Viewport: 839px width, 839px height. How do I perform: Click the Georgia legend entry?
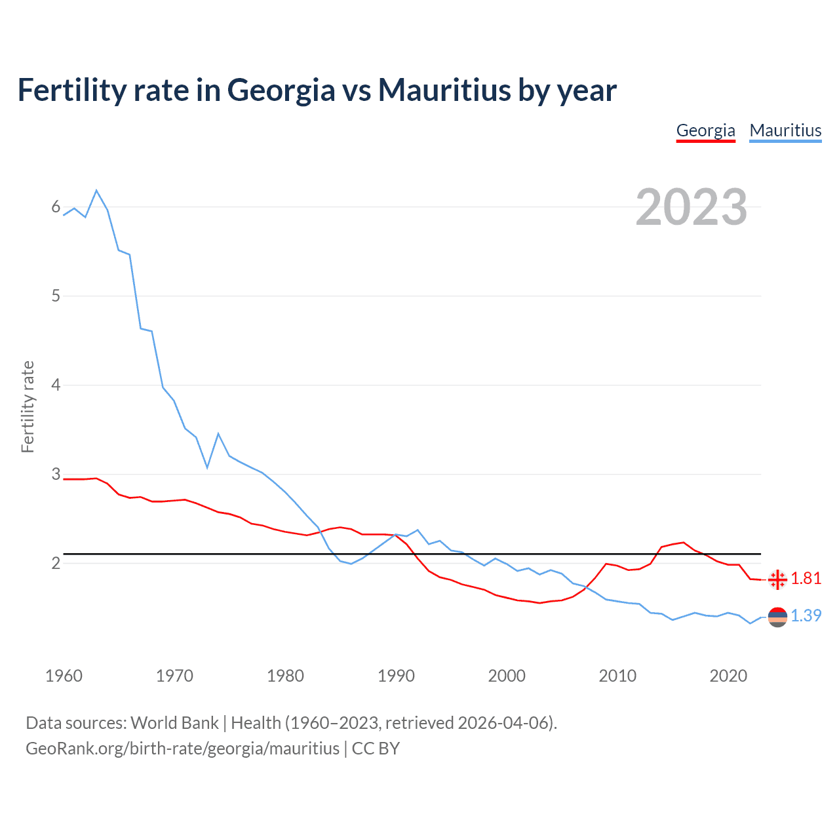[705, 130]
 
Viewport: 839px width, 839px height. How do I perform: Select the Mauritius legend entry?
[785, 130]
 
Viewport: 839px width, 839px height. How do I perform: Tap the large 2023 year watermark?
[692, 207]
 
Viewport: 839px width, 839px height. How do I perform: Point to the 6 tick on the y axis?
[56, 207]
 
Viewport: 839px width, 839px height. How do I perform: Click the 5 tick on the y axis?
[56, 296]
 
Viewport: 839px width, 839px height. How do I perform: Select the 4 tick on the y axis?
[56, 385]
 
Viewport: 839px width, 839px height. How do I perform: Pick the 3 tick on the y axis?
[56, 474]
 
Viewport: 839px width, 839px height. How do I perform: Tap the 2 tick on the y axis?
[56, 563]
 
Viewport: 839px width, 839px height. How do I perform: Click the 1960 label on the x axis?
[64, 676]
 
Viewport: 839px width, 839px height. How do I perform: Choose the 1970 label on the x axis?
[174, 676]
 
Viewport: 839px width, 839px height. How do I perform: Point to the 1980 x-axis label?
[285, 676]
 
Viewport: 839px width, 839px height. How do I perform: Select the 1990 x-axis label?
[396, 676]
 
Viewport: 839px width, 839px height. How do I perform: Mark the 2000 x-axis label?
[507, 676]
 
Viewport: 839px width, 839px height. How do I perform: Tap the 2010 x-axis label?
[617, 676]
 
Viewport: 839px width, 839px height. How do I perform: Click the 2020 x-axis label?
[728, 676]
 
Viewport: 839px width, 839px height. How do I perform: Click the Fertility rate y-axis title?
[28, 406]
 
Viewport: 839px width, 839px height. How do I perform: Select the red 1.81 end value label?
[806, 578]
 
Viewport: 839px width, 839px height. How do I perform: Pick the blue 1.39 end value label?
[806, 615]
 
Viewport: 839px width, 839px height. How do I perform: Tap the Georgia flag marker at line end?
[777, 579]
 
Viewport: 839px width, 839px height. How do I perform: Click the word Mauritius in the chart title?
[444, 90]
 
